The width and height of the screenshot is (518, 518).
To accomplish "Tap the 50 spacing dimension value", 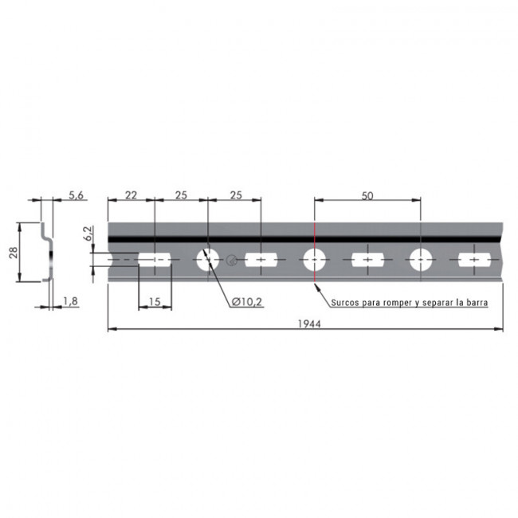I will coord(367,194).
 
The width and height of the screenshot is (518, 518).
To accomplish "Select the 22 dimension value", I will coord(131,194).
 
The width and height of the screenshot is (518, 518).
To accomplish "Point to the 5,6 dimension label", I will coord(77,194).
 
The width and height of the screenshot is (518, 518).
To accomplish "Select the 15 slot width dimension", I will coord(154,300).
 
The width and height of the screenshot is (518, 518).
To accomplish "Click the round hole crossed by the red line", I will coord(314,259).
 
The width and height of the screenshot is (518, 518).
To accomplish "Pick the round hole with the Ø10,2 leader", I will coord(207,259).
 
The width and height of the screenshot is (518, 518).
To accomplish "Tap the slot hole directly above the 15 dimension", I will coord(155,259).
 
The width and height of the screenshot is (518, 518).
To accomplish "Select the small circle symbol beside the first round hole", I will coord(230,259).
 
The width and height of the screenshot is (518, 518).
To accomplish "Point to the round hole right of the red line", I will coord(420,259).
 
